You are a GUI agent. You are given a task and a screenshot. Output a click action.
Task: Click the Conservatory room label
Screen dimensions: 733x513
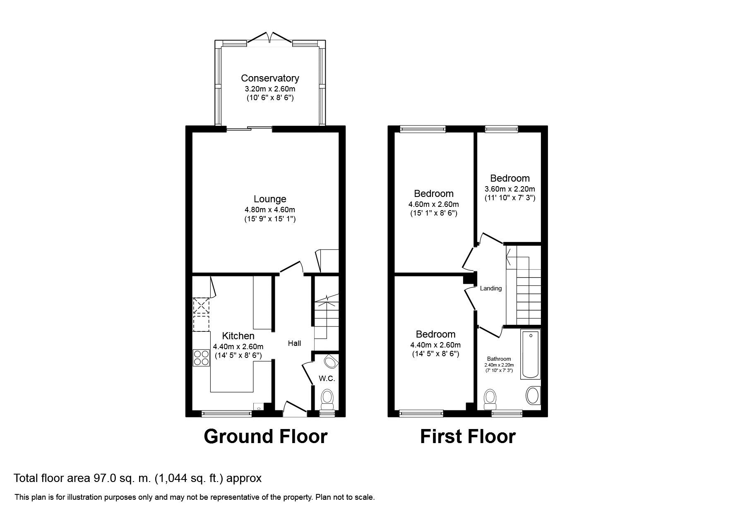point(270,78)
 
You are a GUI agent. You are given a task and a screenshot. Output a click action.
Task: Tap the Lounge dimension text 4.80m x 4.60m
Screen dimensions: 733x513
point(270,210)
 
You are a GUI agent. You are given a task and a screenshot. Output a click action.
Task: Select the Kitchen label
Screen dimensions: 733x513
point(238,336)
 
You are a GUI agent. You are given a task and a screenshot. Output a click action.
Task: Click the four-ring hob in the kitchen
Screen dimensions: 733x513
point(202,358)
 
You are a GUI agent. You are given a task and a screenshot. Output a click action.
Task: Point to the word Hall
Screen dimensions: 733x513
point(294,343)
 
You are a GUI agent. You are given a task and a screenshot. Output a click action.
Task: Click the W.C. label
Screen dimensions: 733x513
point(327,378)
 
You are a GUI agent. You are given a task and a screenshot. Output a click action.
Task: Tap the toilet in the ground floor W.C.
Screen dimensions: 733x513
point(327,398)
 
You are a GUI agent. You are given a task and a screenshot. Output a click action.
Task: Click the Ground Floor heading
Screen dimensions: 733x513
point(265,436)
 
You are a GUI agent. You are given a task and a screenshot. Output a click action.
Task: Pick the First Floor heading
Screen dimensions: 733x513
point(468,436)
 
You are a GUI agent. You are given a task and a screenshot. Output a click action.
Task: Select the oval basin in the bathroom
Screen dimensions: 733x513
point(532,396)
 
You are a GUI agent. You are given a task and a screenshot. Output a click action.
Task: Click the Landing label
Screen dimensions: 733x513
point(491,288)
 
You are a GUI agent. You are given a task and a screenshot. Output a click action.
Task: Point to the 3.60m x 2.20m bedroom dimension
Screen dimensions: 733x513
point(510,189)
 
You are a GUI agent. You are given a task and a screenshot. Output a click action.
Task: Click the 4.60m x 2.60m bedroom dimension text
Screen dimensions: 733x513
point(434,204)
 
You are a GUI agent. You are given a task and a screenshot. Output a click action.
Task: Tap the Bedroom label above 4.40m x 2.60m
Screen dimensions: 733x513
point(435,334)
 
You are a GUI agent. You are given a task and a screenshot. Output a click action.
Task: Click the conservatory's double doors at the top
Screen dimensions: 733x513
point(270,38)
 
